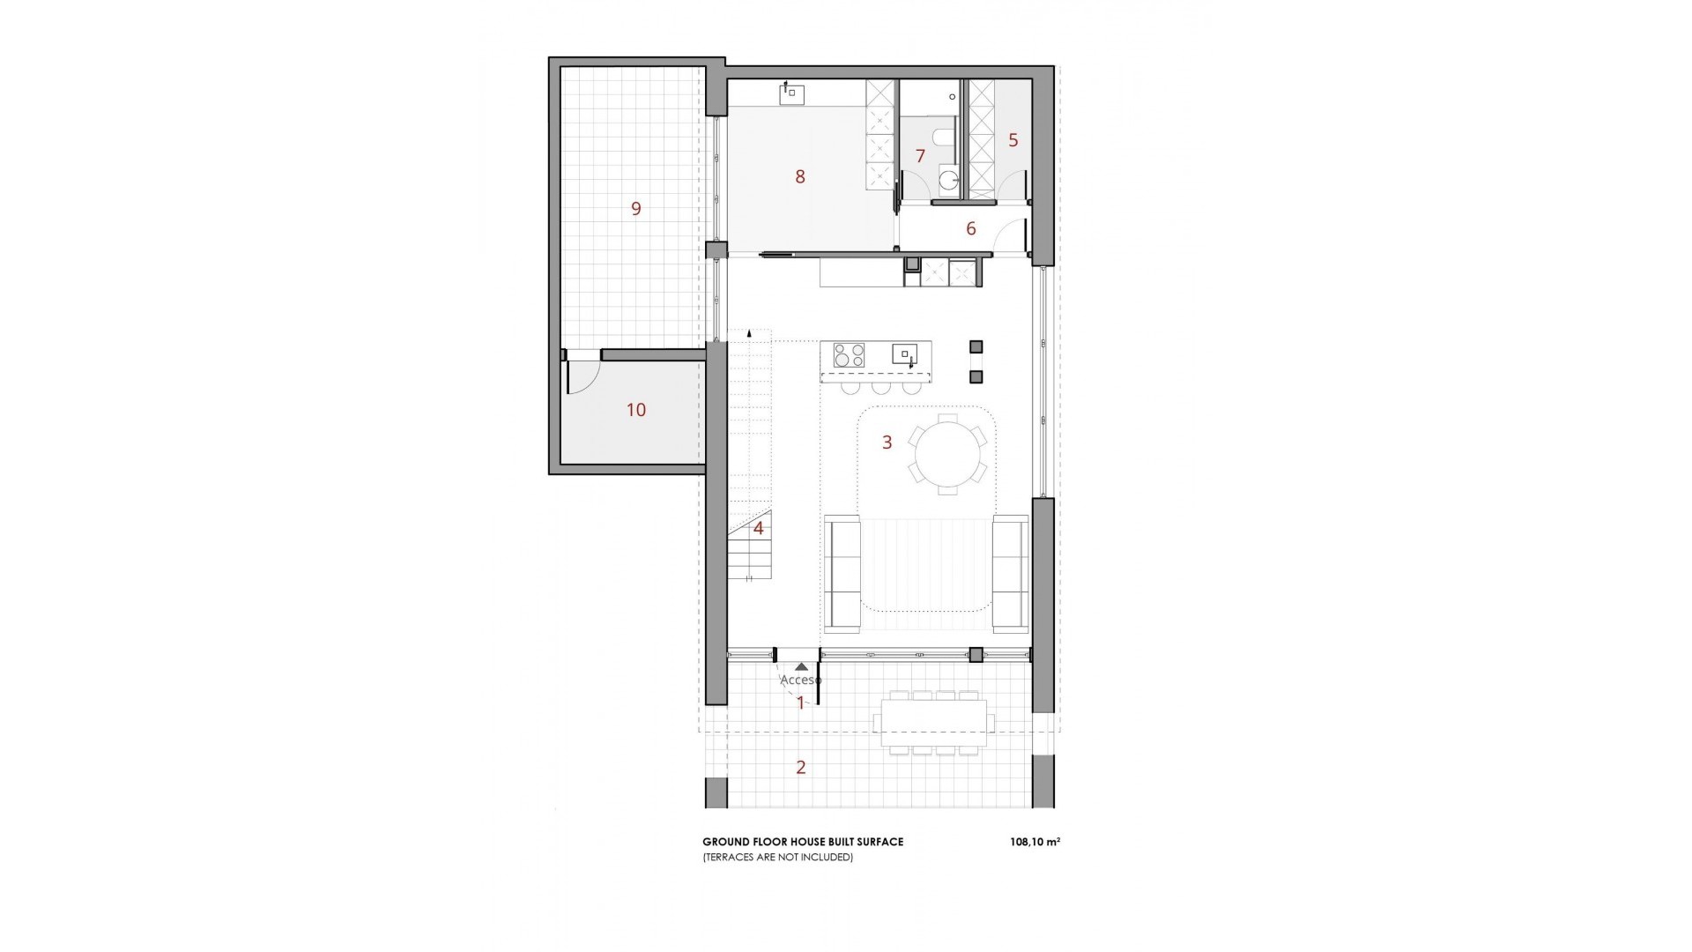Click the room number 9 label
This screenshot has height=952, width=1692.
pos(635,209)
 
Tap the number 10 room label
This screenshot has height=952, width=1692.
pos(635,410)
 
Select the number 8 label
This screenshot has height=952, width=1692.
pos(800,177)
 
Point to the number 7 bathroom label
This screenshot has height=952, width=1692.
pos(920,157)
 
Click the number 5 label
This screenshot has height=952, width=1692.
pos(1013,140)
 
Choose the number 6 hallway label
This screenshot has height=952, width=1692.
pos(971,229)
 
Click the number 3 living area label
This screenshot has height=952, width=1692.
pos(887,443)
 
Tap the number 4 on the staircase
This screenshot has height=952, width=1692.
pos(758,529)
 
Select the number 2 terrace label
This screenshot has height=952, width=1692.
pos(800,768)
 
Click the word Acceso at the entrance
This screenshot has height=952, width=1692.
pos(800,681)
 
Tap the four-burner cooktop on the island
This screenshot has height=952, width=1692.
pos(850,355)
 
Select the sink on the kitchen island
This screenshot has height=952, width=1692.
pos(905,354)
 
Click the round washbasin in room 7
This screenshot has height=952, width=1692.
pos(949,182)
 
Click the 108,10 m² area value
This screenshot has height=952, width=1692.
pos(1035,842)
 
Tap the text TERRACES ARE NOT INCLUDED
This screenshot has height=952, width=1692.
pos(777,857)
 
